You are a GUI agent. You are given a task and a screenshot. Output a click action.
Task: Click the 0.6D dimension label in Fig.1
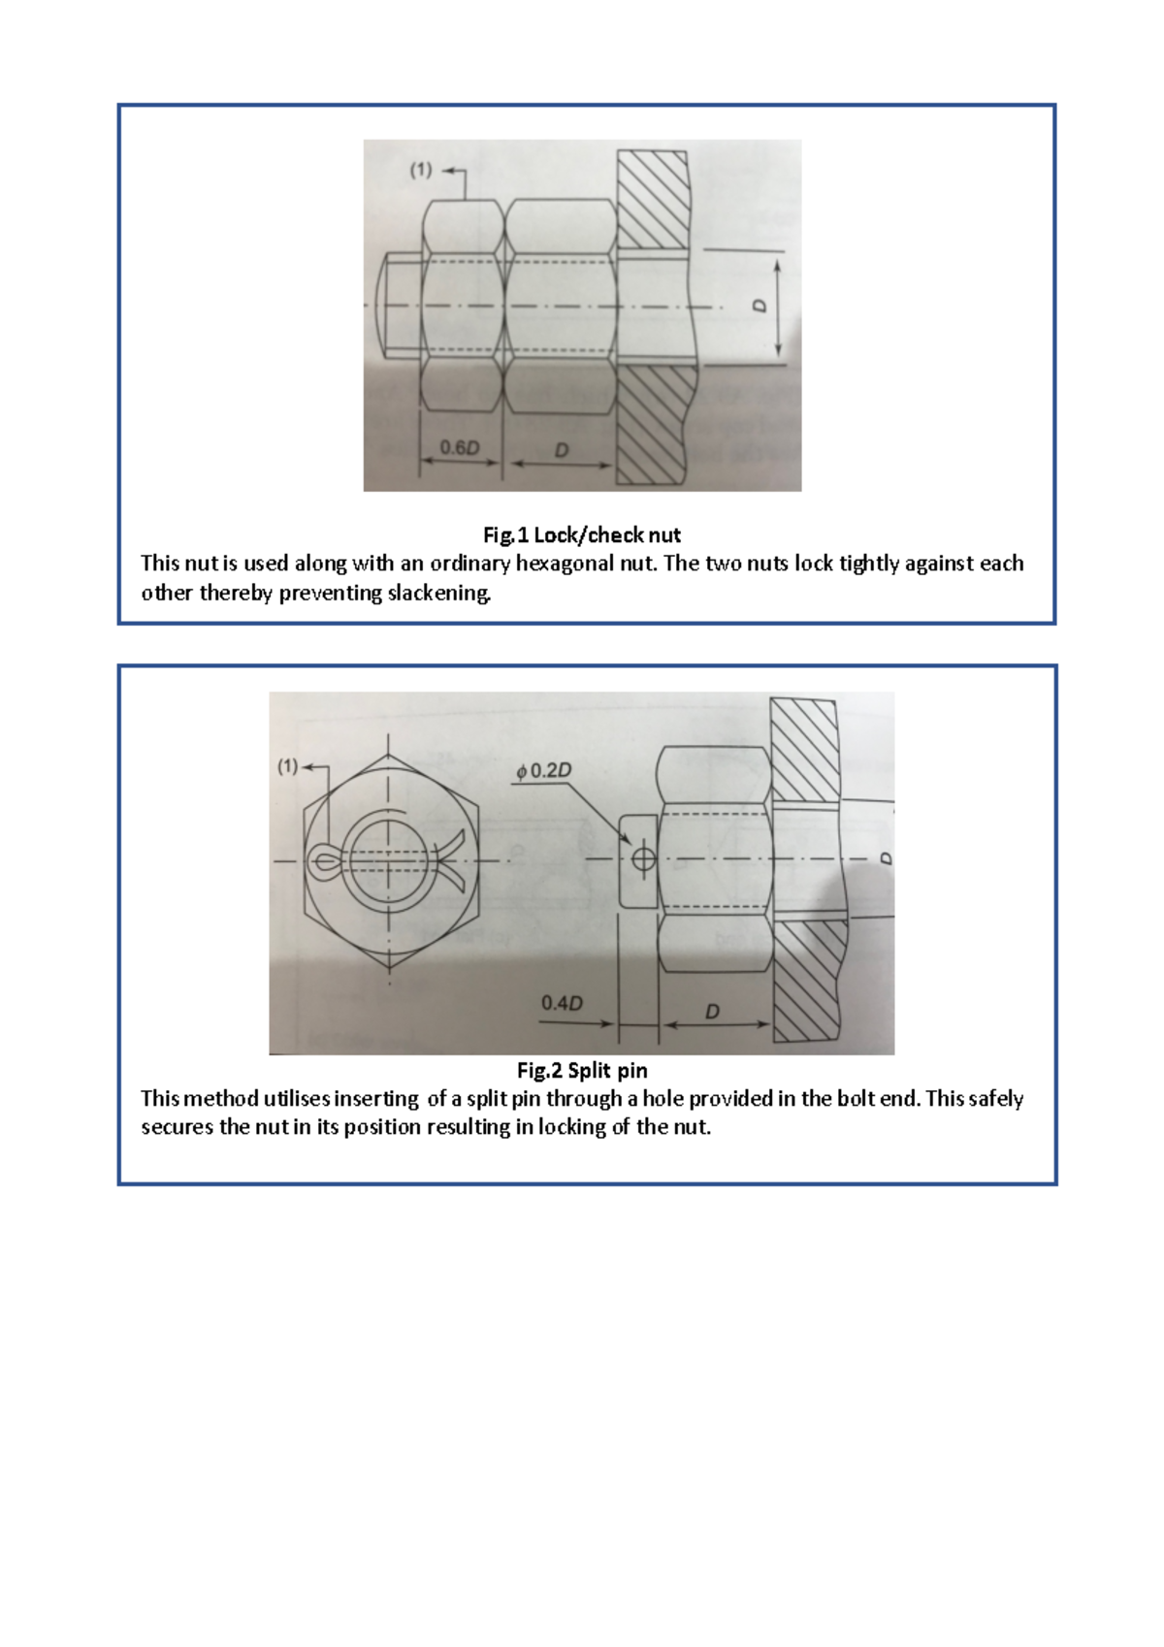460,447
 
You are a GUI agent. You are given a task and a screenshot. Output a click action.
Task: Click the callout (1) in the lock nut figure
420,170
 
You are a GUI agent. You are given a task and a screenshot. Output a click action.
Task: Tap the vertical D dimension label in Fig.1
760,306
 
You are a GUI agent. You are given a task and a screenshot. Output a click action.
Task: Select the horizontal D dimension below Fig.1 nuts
561,449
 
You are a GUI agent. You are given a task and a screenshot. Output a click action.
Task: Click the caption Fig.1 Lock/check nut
582,534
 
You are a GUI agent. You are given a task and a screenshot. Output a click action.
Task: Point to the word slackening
439,593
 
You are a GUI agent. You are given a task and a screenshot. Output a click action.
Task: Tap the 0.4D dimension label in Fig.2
562,1003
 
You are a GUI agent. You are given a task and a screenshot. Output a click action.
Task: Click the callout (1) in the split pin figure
288,766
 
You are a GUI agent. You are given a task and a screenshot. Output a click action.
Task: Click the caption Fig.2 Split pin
582,1070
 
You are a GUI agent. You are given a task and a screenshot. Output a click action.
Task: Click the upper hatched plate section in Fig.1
653,199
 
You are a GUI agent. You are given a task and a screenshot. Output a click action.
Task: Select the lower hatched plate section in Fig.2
807,980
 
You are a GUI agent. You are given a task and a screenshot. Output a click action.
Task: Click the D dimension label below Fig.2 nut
713,1011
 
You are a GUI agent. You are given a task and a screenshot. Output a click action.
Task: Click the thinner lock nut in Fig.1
461,306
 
